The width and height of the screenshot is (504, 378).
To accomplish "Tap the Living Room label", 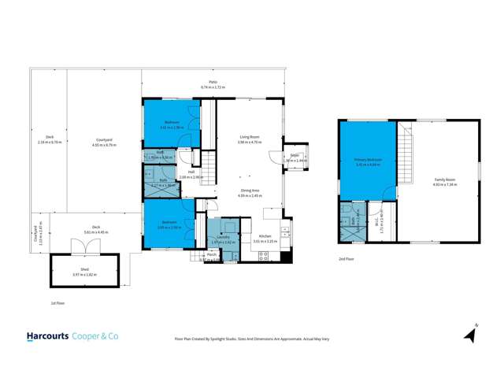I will pyautogui.click(x=250, y=139).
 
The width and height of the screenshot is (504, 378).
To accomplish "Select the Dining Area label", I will pyautogui.click(x=250, y=193).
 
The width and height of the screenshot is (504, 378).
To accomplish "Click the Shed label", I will pyautogui.click(x=84, y=270).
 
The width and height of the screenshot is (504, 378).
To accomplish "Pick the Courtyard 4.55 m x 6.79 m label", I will pyautogui.click(x=104, y=141).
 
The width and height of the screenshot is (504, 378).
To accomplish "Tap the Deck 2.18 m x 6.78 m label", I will pyautogui.click(x=49, y=141).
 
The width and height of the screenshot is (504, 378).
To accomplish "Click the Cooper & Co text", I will pyautogui.click(x=95, y=335).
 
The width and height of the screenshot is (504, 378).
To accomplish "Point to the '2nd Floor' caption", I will pyautogui.click(x=346, y=258).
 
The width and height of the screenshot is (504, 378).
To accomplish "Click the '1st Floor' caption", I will pyautogui.click(x=56, y=302).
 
